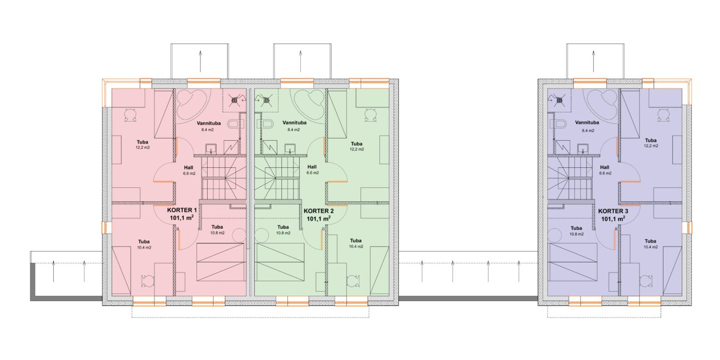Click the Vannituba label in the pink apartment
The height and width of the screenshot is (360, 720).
pos(209,123)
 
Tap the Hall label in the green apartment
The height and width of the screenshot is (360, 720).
pos(312,167)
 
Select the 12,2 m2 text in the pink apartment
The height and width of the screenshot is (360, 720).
pos(142,147)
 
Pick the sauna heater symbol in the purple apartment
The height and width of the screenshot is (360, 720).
pos(559,100)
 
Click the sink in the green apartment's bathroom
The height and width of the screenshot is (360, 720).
pos(290,148)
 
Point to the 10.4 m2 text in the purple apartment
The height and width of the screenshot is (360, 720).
pos(651,247)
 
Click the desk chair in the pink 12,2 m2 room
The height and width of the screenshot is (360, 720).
pos(131,115)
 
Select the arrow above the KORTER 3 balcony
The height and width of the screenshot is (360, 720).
pos(593,61)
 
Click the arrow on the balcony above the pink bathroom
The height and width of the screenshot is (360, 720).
pos(200,61)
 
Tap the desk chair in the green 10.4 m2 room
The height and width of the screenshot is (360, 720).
pos(354,281)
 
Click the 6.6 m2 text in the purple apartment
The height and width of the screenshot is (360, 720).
pos(605,173)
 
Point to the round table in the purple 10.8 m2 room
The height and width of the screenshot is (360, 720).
pos(554,235)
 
